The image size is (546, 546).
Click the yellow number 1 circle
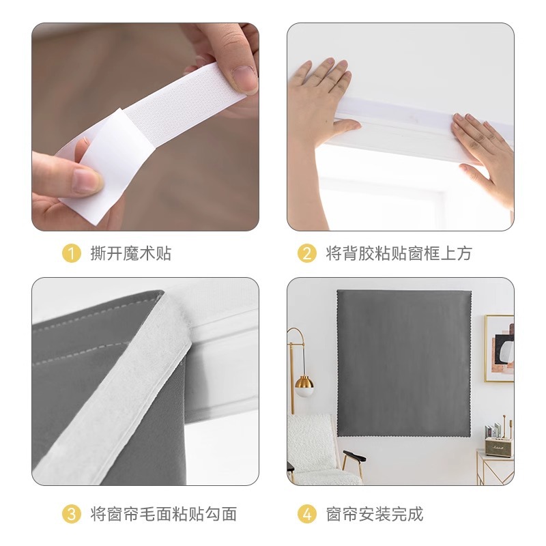tap(71, 254)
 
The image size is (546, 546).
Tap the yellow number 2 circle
tap(306, 254)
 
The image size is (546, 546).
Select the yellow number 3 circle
tap(71, 514)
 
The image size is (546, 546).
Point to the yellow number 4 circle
tap(306, 514)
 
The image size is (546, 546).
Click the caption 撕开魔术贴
tap(130, 254)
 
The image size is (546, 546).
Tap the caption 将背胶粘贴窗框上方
tap(399, 254)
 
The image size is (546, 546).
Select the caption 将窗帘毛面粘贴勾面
tap(163, 514)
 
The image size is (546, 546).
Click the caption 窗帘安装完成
tap(374, 514)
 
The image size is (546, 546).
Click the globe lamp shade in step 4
tap(304, 386)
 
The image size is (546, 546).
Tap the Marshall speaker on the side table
tap(500, 447)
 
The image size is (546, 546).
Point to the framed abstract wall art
tap(499, 348)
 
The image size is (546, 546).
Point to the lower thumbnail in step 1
tap(85, 181)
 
